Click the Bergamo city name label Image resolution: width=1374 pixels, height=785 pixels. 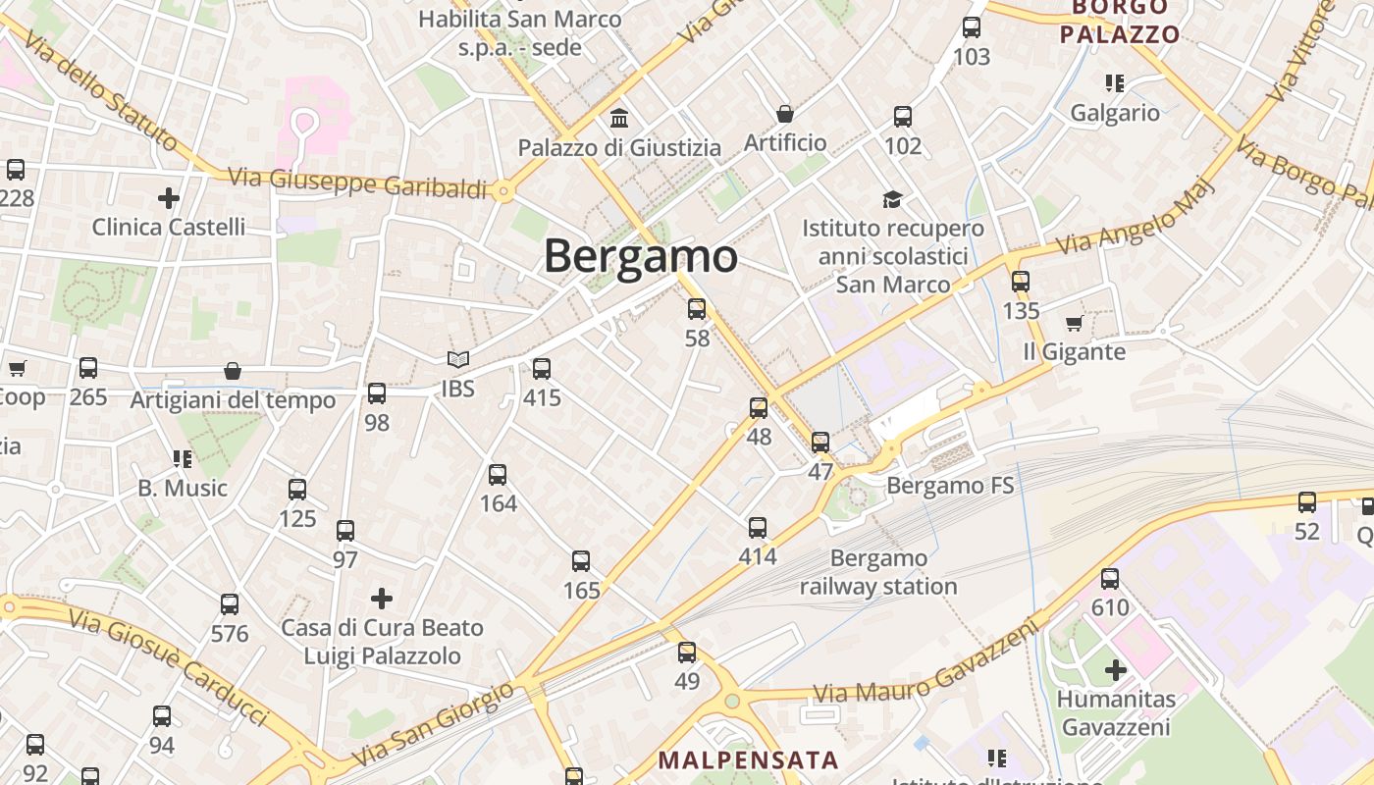[x=640, y=257]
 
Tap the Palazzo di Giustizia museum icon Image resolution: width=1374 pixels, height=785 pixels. [x=619, y=119]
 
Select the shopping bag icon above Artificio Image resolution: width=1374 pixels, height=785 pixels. [x=785, y=114]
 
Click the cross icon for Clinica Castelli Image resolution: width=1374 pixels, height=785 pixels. [x=169, y=198]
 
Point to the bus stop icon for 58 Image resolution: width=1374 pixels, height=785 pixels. [x=697, y=309]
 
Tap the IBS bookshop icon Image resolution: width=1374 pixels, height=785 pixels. [x=457, y=360]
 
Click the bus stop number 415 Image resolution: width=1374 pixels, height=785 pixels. [x=542, y=397]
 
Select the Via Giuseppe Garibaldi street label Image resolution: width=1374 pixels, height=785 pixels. [x=357, y=183]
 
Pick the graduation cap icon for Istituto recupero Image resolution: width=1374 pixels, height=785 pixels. [x=892, y=200]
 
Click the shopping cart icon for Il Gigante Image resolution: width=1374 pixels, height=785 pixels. [x=1074, y=323]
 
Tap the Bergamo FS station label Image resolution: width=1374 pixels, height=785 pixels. [x=950, y=486]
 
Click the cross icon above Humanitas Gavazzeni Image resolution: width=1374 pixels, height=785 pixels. [x=1116, y=670]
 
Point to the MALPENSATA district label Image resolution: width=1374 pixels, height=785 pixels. [x=748, y=759]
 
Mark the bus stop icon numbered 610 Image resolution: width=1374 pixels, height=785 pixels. [x=1110, y=579]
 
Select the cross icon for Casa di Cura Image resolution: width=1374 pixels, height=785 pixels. [x=382, y=598]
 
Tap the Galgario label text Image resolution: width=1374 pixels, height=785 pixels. [x=1115, y=113]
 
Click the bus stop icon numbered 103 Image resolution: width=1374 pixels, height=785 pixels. [x=972, y=27]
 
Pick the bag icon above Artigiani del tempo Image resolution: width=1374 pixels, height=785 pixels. [x=233, y=371]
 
